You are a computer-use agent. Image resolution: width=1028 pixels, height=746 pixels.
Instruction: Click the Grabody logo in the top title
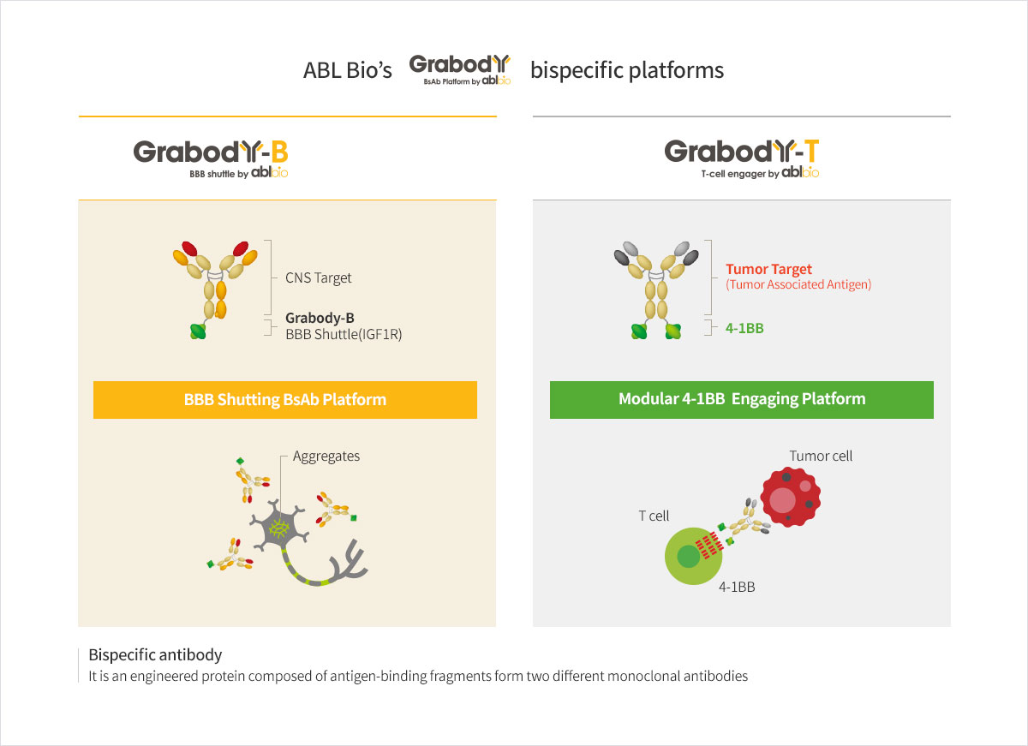click(460, 69)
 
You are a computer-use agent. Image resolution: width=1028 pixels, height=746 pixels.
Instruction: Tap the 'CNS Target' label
click(319, 278)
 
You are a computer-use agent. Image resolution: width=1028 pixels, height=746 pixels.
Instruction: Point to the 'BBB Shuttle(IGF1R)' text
click(344, 334)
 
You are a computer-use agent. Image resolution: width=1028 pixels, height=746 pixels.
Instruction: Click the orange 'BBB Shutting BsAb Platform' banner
click(285, 400)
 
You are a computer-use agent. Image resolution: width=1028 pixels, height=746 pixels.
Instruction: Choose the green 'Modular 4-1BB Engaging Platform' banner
click(742, 399)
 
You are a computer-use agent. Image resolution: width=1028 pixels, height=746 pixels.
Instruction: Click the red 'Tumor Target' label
click(768, 269)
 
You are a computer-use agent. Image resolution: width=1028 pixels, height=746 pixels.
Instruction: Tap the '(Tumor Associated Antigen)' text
click(798, 284)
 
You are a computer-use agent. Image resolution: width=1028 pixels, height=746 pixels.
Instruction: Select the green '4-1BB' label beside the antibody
click(744, 326)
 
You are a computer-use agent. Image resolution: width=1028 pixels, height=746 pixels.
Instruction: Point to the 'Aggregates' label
click(326, 456)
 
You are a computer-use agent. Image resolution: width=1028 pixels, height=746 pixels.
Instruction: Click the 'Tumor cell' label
click(821, 456)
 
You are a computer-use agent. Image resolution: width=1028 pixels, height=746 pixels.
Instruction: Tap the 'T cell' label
click(654, 516)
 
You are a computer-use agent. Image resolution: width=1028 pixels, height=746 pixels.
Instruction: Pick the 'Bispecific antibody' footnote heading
click(155, 655)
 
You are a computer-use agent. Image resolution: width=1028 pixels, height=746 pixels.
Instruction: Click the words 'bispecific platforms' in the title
click(627, 70)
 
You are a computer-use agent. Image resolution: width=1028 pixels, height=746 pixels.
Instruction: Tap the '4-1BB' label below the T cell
click(736, 588)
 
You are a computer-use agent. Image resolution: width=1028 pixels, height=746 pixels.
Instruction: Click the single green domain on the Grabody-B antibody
click(199, 331)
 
